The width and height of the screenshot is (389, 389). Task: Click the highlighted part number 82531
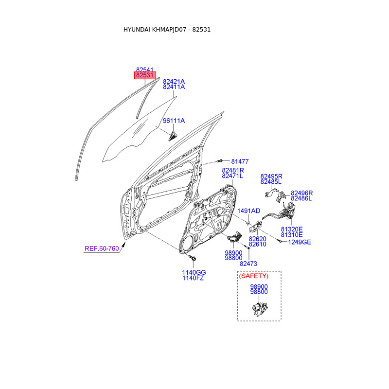coord(145,75)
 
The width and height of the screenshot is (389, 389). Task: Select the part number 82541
coord(145,70)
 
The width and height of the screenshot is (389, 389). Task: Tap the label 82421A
coord(174,81)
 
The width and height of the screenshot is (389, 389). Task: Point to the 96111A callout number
coord(174,121)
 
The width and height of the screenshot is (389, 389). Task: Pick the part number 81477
coord(240,161)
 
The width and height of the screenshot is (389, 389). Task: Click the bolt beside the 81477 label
coord(220,160)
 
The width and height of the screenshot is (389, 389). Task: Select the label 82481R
coord(233,170)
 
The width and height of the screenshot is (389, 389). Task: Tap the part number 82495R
coord(271,176)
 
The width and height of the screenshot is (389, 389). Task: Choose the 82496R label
coord(301,193)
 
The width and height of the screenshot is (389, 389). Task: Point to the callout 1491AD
coord(249,211)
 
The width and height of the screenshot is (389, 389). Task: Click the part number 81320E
coord(292,229)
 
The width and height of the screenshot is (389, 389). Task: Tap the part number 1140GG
coord(194,272)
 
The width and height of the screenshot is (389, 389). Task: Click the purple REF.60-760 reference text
coord(102,248)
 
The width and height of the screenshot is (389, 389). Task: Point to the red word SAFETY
coord(253,276)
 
